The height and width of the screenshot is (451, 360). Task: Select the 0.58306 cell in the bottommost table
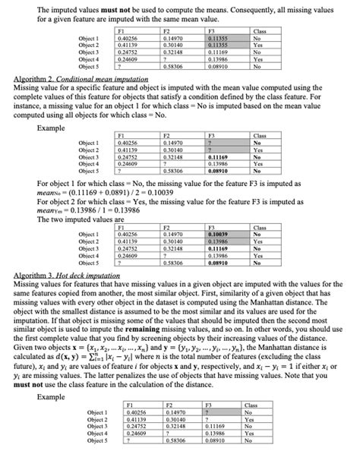pyautogui.click(x=173, y=440)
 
